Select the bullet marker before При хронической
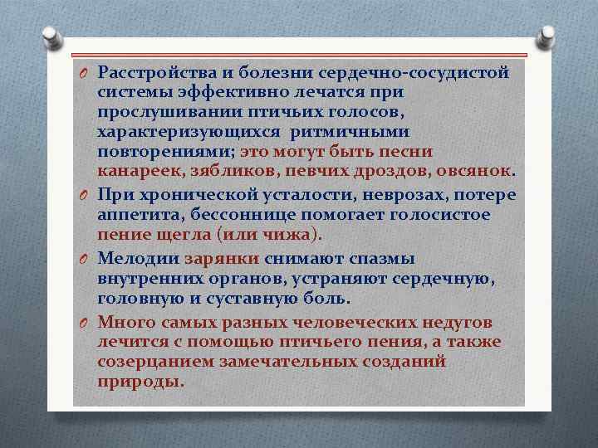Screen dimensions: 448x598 tap(85, 195)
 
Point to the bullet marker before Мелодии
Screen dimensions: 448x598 tap(85, 258)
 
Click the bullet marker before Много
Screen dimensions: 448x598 tap(85, 321)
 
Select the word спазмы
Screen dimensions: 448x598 tap(382, 258)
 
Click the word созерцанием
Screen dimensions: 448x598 tap(155, 362)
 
